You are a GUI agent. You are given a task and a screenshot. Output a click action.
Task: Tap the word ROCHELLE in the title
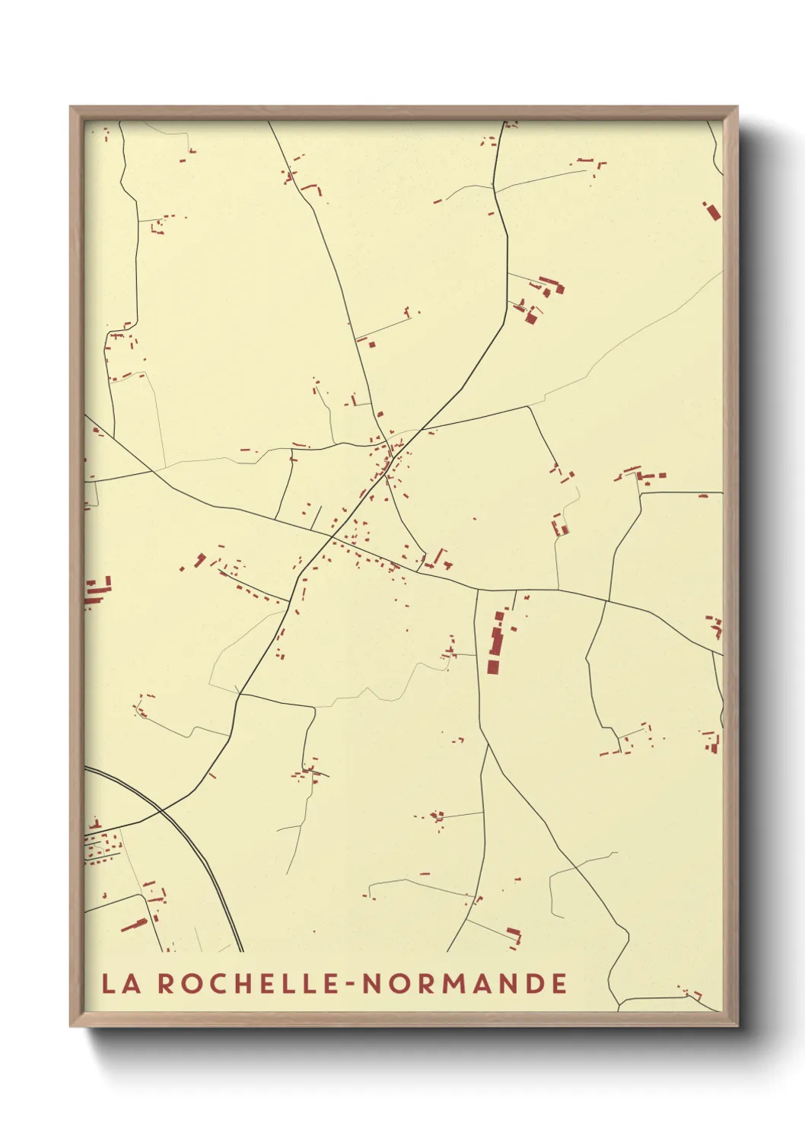pos(247,983)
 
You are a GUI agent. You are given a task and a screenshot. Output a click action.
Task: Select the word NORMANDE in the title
pos(464,983)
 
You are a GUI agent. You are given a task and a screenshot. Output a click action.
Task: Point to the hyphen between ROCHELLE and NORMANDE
pos(350,984)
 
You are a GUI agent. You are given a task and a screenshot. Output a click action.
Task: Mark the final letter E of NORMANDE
pos(559,983)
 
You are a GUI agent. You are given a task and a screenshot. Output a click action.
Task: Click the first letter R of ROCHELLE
pos(167,983)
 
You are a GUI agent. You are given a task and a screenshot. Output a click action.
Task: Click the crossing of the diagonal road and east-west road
pos(332,536)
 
